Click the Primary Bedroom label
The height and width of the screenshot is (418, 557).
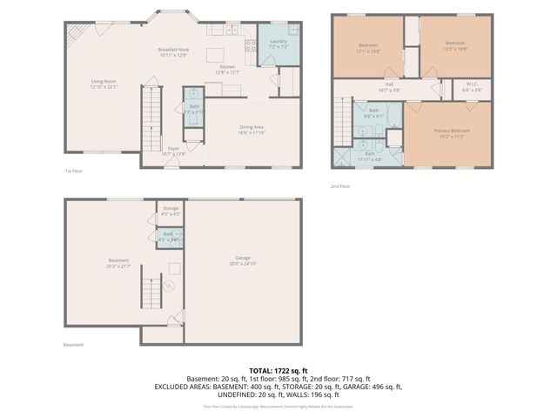(452, 131)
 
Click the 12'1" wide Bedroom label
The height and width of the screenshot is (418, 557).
(367, 46)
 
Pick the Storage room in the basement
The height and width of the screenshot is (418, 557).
(170, 211)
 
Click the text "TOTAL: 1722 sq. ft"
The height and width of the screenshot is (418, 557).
(278, 370)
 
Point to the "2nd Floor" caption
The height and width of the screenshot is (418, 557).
(340, 186)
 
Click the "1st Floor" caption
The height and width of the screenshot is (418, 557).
(74, 172)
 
